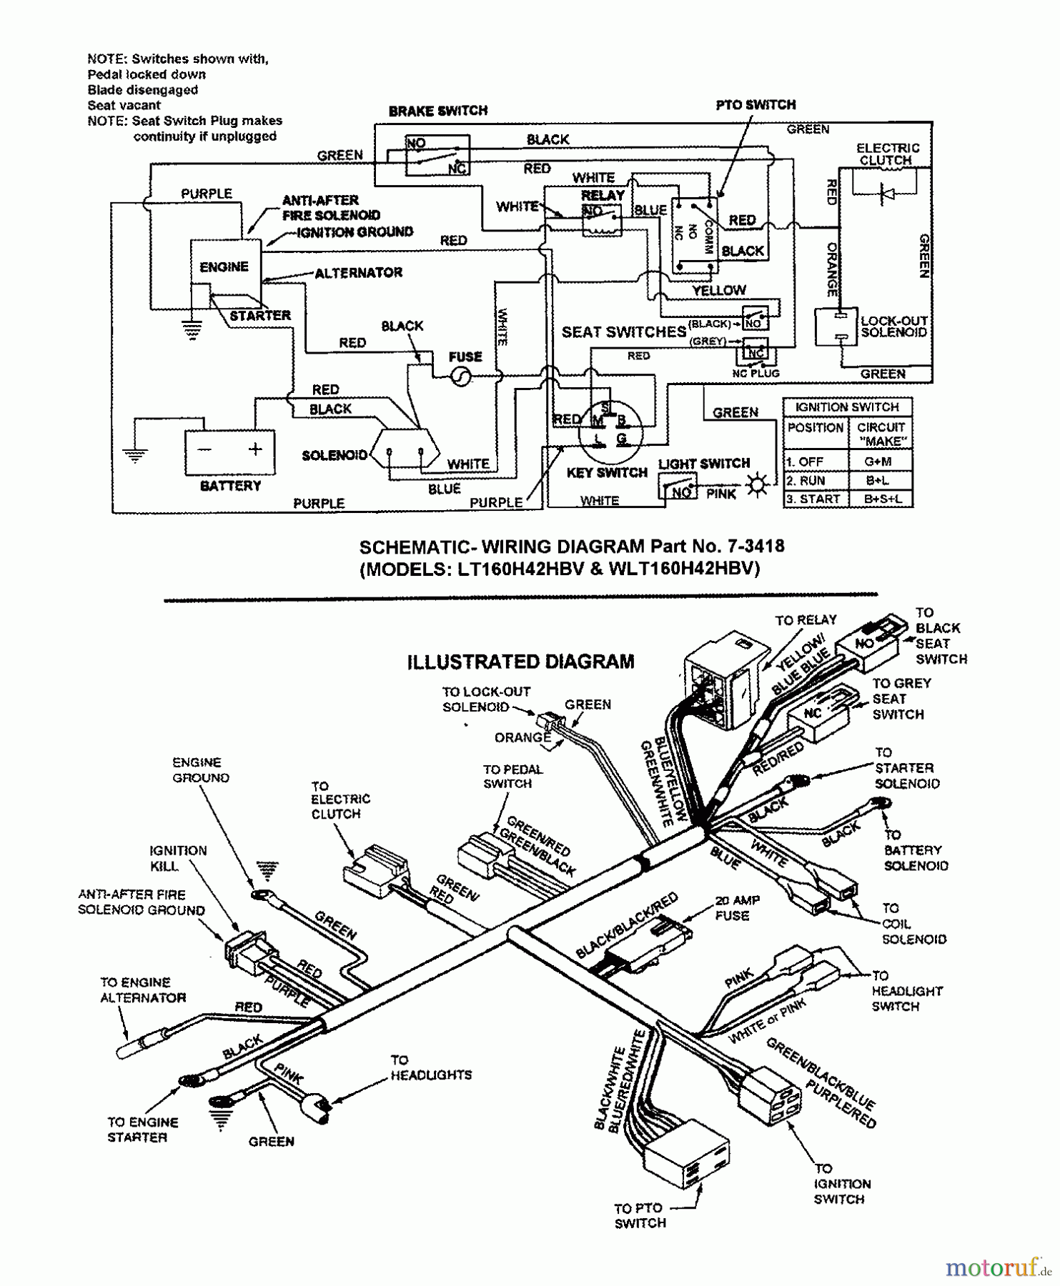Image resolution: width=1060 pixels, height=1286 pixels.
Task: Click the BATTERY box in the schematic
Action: click(x=230, y=452)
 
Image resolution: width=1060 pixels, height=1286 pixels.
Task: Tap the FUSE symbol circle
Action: click(x=462, y=377)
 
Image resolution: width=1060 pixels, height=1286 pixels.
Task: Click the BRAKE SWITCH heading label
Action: click(x=437, y=111)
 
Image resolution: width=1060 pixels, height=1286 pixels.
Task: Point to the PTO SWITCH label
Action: click(x=756, y=105)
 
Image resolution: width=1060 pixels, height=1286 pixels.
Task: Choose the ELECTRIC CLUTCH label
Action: click(x=887, y=154)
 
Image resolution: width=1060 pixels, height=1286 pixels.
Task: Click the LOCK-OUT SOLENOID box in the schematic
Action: click(x=836, y=327)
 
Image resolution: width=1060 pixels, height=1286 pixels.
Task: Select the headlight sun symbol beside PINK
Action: click(x=756, y=486)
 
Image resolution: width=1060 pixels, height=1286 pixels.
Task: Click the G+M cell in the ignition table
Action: click(x=881, y=462)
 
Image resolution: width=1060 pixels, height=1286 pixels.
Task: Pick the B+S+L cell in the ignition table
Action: click(x=881, y=499)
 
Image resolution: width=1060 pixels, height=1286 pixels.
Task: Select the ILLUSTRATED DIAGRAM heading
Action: click(x=520, y=662)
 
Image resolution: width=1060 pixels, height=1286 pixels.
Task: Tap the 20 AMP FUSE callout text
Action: click(x=736, y=908)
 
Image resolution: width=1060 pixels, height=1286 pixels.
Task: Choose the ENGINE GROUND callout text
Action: click(x=200, y=770)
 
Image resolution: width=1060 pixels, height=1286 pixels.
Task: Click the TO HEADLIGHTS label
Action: click(x=430, y=1067)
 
